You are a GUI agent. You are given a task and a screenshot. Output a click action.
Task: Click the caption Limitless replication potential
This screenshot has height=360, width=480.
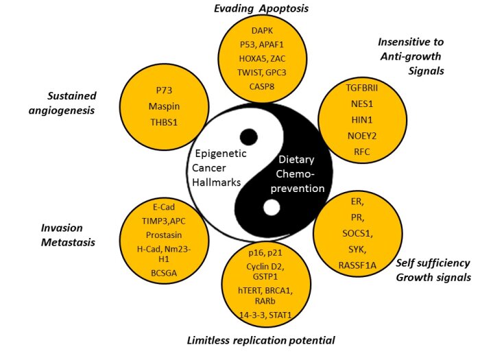click(261, 340)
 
